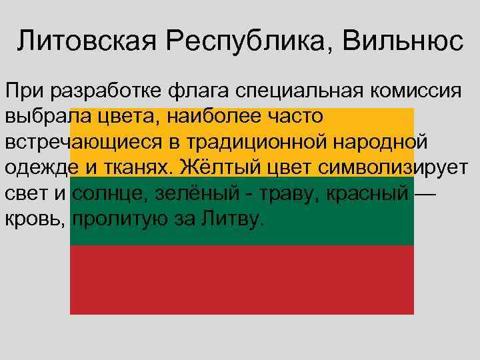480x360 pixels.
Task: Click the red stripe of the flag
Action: (x=241, y=280)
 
